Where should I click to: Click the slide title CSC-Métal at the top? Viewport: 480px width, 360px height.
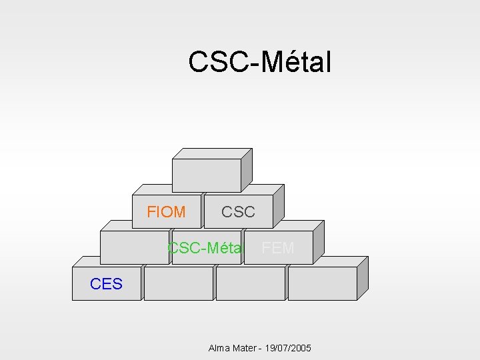click(x=259, y=62)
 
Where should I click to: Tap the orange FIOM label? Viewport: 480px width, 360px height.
click(x=166, y=212)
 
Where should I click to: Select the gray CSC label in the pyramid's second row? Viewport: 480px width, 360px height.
click(x=238, y=212)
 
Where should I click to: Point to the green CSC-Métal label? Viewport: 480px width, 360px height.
click(x=204, y=248)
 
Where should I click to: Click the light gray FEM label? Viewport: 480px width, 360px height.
click(x=277, y=248)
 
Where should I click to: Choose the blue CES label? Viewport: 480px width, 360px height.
click(x=106, y=284)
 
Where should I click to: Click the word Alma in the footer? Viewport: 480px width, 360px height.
click(x=219, y=348)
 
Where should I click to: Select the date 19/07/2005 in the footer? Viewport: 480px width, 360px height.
click(x=289, y=348)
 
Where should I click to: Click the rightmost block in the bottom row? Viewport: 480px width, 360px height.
click(x=323, y=283)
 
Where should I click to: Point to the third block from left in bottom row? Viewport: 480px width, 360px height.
click(x=251, y=283)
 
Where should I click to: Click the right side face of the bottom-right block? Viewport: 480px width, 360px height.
click(x=363, y=279)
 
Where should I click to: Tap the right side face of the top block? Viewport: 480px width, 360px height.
click(x=246, y=170)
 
